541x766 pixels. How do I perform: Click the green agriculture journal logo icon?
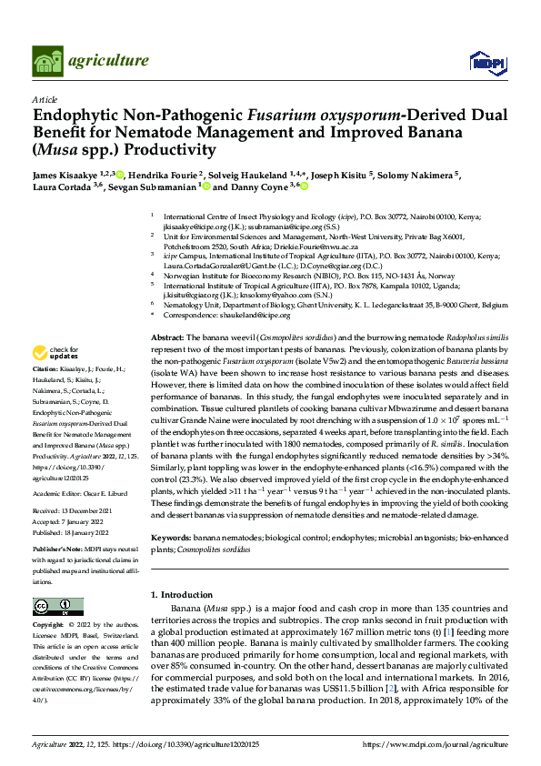(x=48, y=61)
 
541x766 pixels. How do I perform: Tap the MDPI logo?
(x=486, y=61)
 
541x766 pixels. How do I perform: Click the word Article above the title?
(x=44, y=98)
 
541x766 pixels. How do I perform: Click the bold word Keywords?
(x=173, y=539)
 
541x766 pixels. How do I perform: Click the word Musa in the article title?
(x=60, y=149)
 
